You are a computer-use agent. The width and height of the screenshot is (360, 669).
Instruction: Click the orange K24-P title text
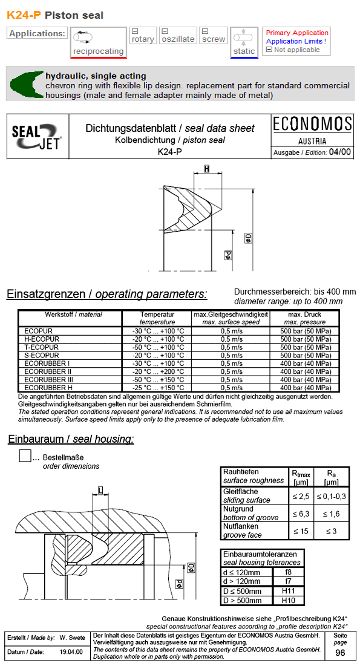pyautogui.click(x=24, y=15)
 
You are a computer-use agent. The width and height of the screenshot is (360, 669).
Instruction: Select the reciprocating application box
pyautogui.click(x=98, y=42)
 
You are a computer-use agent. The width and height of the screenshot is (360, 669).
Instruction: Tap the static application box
pyautogui.click(x=244, y=42)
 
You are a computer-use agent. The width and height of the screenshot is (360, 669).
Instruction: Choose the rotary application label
pyautogui.click(x=143, y=39)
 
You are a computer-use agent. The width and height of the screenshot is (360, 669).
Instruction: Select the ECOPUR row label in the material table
pyautogui.click(x=38, y=331)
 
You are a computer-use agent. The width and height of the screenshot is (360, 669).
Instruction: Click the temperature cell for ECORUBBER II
pyautogui.click(x=157, y=371)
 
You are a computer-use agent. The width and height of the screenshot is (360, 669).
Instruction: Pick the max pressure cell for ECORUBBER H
pyautogui.click(x=306, y=387)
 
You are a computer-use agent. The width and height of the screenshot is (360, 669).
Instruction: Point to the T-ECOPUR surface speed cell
pyautogui.click(x=231, y=347)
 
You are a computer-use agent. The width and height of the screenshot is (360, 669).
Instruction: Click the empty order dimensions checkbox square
pyautogui.click(x=25, y=455)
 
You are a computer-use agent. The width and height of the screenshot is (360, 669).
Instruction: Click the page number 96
pyautogui.click(x=340, y=653)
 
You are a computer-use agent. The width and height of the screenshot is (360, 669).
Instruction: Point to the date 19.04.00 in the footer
pyautogui.click(x=71, y=652)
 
